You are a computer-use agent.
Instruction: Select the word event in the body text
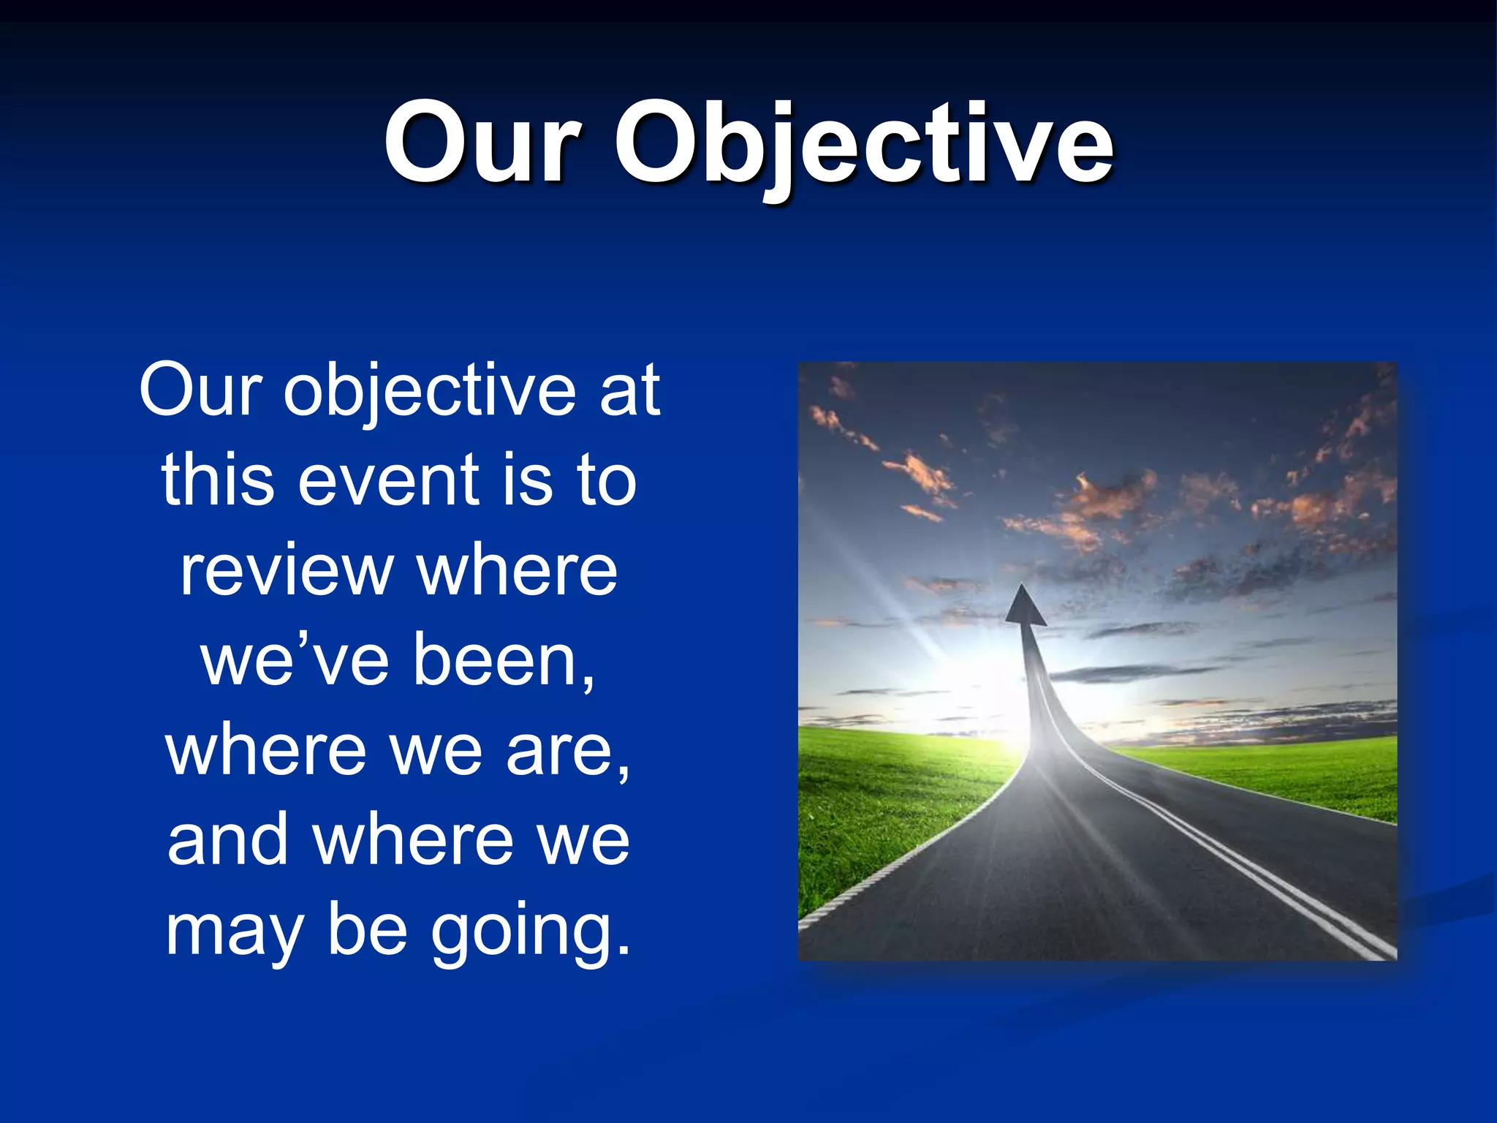pos(389,480)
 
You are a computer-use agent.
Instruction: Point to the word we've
pos(295,660)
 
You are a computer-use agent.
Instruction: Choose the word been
pos(503,660)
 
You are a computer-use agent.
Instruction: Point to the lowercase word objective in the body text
pos(431,391)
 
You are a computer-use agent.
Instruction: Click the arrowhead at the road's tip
pos(1025,607)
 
